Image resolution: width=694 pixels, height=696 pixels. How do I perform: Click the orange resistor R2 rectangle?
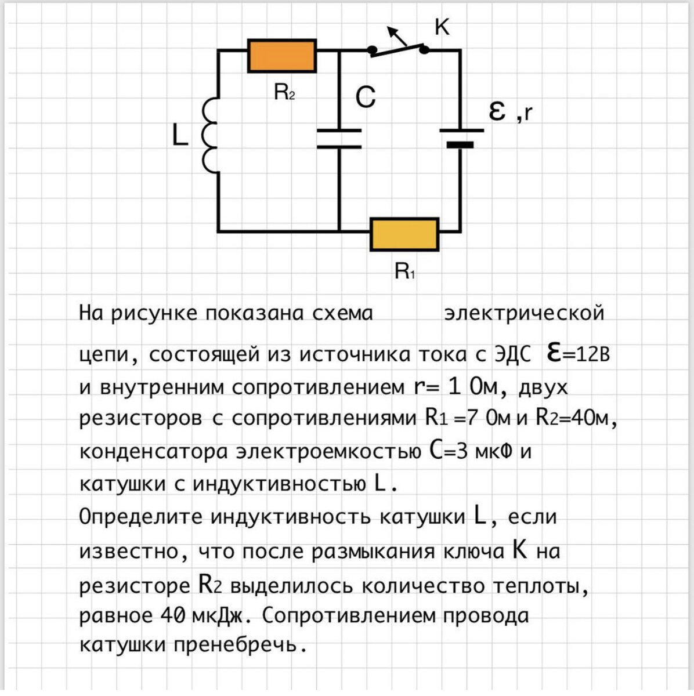(x=282, y=56)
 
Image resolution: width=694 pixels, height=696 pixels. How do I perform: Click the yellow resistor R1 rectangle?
(x=404, y=234)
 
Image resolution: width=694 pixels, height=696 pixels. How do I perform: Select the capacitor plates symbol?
(x=339, y=139)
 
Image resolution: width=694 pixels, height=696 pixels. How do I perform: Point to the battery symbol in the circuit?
(x=461, y=137)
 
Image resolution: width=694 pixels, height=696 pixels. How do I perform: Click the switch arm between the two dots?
(x=398, y=51)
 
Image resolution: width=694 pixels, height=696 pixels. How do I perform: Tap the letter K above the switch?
(x=442, y=26)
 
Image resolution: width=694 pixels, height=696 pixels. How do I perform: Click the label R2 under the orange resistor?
(x=284, y=91)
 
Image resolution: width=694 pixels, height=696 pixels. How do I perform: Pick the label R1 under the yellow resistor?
(x=404, y=270)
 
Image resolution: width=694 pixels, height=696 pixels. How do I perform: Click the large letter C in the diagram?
(x=366, y=97)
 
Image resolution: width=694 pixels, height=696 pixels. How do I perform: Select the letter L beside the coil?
(x=180, y=136)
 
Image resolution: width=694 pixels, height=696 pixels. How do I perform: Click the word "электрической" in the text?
(x=524, y=313)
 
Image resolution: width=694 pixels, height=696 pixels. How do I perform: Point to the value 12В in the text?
(x=592, y=354)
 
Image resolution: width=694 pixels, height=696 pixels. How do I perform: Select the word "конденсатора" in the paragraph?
(x=153, y=451)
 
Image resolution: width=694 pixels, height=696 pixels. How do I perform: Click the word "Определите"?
(x=140, y=516)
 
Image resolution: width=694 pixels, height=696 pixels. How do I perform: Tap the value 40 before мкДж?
(x=172, y=615)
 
